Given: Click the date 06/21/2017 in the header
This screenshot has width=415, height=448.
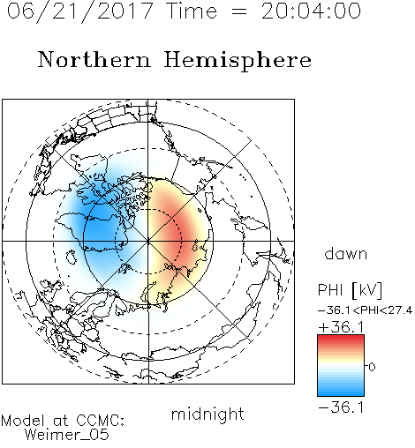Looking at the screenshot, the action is pos(79,11).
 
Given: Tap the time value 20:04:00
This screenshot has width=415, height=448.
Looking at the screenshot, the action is pos(311,11).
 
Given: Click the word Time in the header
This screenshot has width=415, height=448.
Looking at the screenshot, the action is pos(192,11).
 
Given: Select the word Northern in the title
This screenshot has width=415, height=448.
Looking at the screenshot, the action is pos(94,60).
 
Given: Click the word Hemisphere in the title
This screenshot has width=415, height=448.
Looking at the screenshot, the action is pos(238,61).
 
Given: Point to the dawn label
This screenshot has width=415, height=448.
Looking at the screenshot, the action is pos(346,253).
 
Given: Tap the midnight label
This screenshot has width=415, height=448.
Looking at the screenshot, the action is pos(207,414).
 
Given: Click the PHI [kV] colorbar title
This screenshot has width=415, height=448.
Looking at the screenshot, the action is pos(350,290).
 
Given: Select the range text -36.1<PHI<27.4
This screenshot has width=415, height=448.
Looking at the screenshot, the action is pos(365,310).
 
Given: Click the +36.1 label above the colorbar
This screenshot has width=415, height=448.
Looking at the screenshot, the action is pos(341,327).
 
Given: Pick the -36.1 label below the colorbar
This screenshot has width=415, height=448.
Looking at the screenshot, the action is pos(341,407).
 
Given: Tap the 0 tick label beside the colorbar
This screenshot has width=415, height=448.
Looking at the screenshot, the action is pos(372,367).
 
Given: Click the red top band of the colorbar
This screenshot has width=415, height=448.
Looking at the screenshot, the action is pos(341,339).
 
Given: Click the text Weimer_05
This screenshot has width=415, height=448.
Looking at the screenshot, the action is pos(67,435).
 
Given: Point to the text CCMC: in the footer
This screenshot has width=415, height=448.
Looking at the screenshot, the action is pos(100,421).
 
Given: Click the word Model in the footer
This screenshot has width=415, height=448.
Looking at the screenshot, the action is pos(24,421).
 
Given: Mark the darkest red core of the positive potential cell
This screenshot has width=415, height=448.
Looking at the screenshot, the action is pos(180,237).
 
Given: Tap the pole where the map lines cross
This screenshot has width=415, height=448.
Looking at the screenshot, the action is pos(148,241).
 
